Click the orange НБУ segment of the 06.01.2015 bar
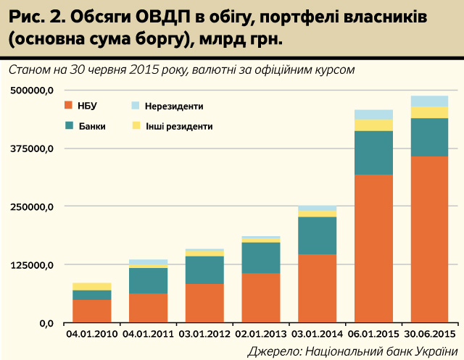(373, 248)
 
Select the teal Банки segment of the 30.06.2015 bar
(430, 137)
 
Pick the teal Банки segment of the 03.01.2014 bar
(317, 235)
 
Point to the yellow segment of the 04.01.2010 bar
(91, 287)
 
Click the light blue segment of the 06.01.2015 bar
(373, 114)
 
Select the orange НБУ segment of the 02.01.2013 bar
(260, 297)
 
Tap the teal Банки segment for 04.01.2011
(148, 281)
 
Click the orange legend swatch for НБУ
(69, 106)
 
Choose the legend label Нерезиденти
(174, 106)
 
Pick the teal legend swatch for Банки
(69, 125)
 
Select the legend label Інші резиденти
(178, 126)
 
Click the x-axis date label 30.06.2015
(430, 334)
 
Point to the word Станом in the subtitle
(32, 70)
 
